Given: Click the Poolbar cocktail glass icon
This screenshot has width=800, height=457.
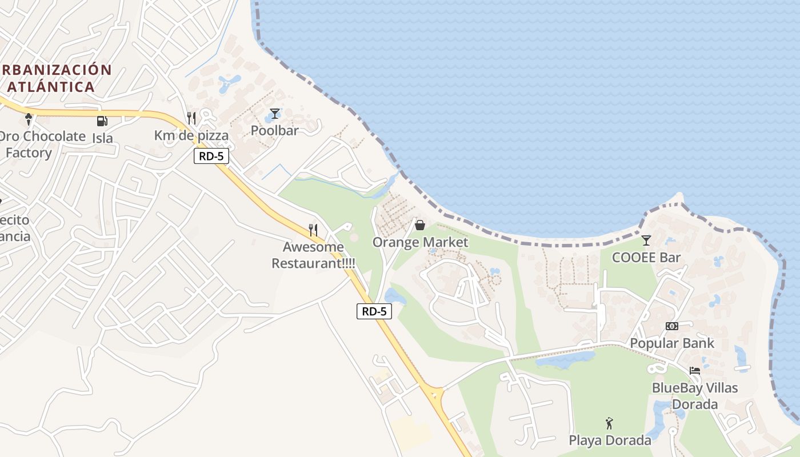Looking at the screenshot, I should [275, 114].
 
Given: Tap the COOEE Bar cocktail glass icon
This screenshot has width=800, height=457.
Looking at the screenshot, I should [646, 240].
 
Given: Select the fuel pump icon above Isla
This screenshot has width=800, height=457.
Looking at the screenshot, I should [102, 121].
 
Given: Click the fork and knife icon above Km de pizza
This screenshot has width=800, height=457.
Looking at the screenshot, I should [191, 118].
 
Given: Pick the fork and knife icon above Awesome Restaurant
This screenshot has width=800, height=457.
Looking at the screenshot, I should [313, 230].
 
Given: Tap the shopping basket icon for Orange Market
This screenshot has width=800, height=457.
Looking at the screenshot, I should [420, 226].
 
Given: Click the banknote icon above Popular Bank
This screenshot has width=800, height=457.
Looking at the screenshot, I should [672, 326].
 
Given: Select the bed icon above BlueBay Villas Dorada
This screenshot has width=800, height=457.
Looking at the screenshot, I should [695, 371].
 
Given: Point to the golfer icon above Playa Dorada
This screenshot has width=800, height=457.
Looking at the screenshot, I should [610, 424].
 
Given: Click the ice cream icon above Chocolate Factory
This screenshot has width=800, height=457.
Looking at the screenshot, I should [29, 119].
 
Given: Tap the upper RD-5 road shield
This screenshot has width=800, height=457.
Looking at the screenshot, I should [211, 156].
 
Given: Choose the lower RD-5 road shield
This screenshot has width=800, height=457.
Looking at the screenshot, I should [374, 311].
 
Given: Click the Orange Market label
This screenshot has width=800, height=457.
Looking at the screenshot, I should [420, 242].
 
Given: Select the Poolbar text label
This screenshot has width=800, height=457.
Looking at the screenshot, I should [275, 131].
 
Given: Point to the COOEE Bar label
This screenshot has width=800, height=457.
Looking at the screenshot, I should [646, 258].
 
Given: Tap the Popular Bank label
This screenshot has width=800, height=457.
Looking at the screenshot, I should [672, 343].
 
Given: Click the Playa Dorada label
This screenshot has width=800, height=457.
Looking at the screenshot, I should [610, 440].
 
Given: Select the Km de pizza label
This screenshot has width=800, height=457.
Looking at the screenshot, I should [191, 135].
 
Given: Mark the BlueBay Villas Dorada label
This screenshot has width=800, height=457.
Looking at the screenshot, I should [695, 396].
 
